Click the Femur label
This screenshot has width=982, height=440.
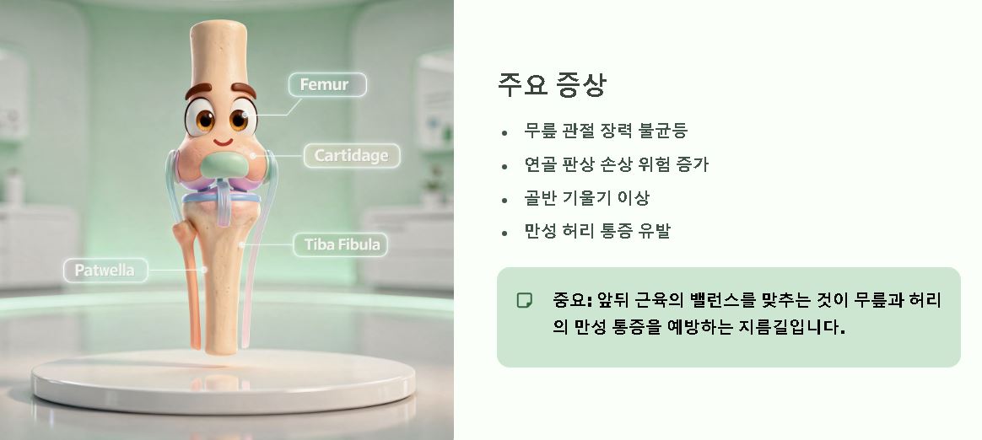click(x=327, y=84)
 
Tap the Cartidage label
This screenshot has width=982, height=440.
click(x=351, y=156)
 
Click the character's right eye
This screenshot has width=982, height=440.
click(x=240, y=117)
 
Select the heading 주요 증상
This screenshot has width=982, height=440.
click(x=553, y=85)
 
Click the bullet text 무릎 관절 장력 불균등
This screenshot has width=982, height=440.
click(x=606, y=131)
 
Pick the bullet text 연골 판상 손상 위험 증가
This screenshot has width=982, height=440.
click(x=616, y=164)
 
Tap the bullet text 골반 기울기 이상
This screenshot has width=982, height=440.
click(x=586, y=198)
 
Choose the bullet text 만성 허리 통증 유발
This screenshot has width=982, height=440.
click(x=596, y=231)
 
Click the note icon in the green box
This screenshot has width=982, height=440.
click(x=524, y=300)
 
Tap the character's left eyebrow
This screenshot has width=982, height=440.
click(x=199, y=89)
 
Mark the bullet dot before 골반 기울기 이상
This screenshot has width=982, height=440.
click(x=504, y=200)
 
